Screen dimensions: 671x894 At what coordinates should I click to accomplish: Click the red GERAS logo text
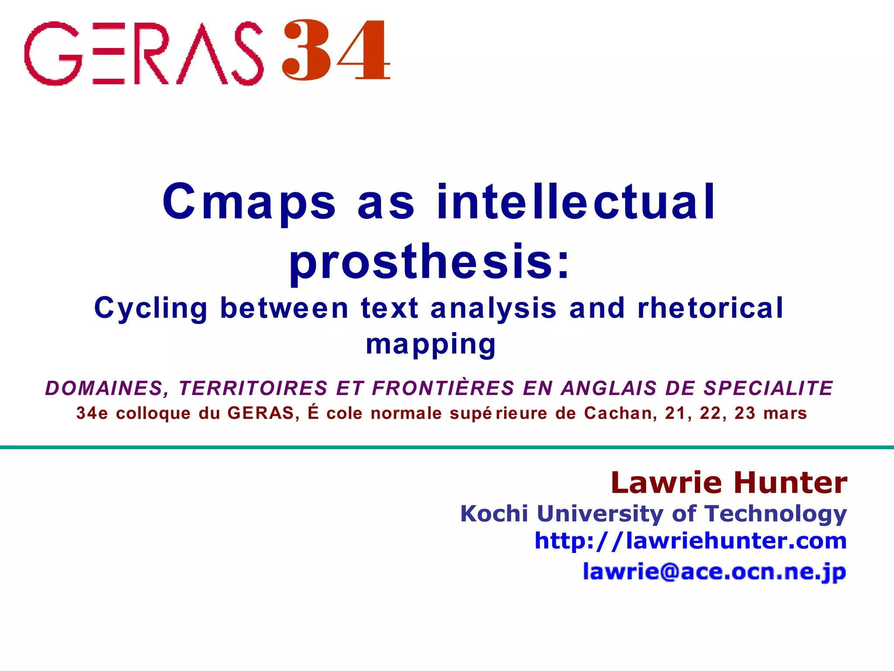tap(144, 53)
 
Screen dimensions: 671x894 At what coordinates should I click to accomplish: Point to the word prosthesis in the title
tap(421, 261)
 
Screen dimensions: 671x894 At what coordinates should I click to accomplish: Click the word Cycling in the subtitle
tap(151, 308)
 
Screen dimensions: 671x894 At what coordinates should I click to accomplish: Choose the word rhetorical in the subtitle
tap(711, 308)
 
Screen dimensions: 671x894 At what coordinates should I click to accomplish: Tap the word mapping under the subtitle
tap(431, 344)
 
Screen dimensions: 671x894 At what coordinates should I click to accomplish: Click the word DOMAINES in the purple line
tap(105, 388)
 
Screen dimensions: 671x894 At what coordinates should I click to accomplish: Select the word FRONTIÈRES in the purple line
tap(443, 388)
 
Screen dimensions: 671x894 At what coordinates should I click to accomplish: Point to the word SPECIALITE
tap(768, 388)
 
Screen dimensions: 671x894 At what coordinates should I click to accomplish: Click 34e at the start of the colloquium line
tap(92, 413)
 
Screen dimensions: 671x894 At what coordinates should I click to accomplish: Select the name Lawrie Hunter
tap(729, 483)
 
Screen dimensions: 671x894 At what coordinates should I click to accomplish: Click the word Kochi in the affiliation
tap(494, 514)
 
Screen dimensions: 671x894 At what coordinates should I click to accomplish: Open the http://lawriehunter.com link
tap(691, 541)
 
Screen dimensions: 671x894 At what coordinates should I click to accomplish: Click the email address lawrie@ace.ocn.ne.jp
tap(714, 571)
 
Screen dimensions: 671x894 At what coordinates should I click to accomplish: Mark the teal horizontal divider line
tap(447, 447)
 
